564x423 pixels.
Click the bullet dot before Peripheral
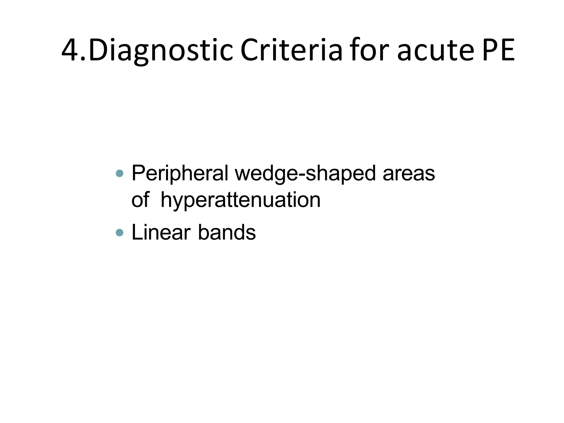(x=120, y=173)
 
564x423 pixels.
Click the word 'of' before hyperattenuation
(x=140, y=200)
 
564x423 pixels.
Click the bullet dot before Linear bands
(x=120, y=233)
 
